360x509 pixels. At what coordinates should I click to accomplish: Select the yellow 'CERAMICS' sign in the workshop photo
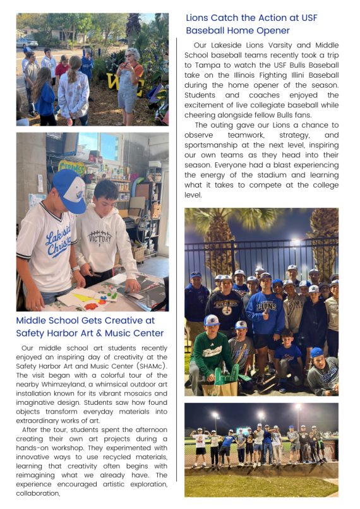click(71, 166)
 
